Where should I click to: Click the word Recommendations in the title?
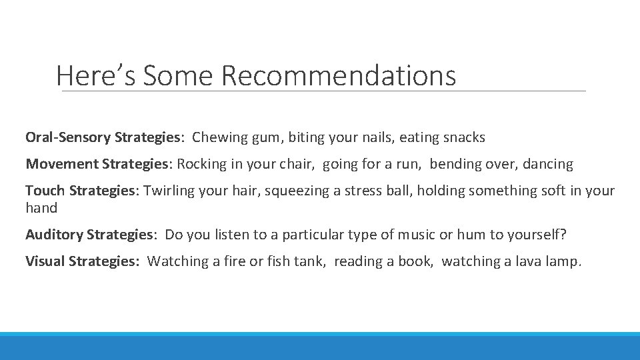339,75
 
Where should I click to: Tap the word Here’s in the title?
95,75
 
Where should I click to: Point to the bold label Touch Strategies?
81,191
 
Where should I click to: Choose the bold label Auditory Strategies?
89,235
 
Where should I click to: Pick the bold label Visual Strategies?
82,261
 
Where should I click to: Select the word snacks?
464,138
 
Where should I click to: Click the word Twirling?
169,191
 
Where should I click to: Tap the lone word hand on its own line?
41,208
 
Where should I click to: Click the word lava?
522,261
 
